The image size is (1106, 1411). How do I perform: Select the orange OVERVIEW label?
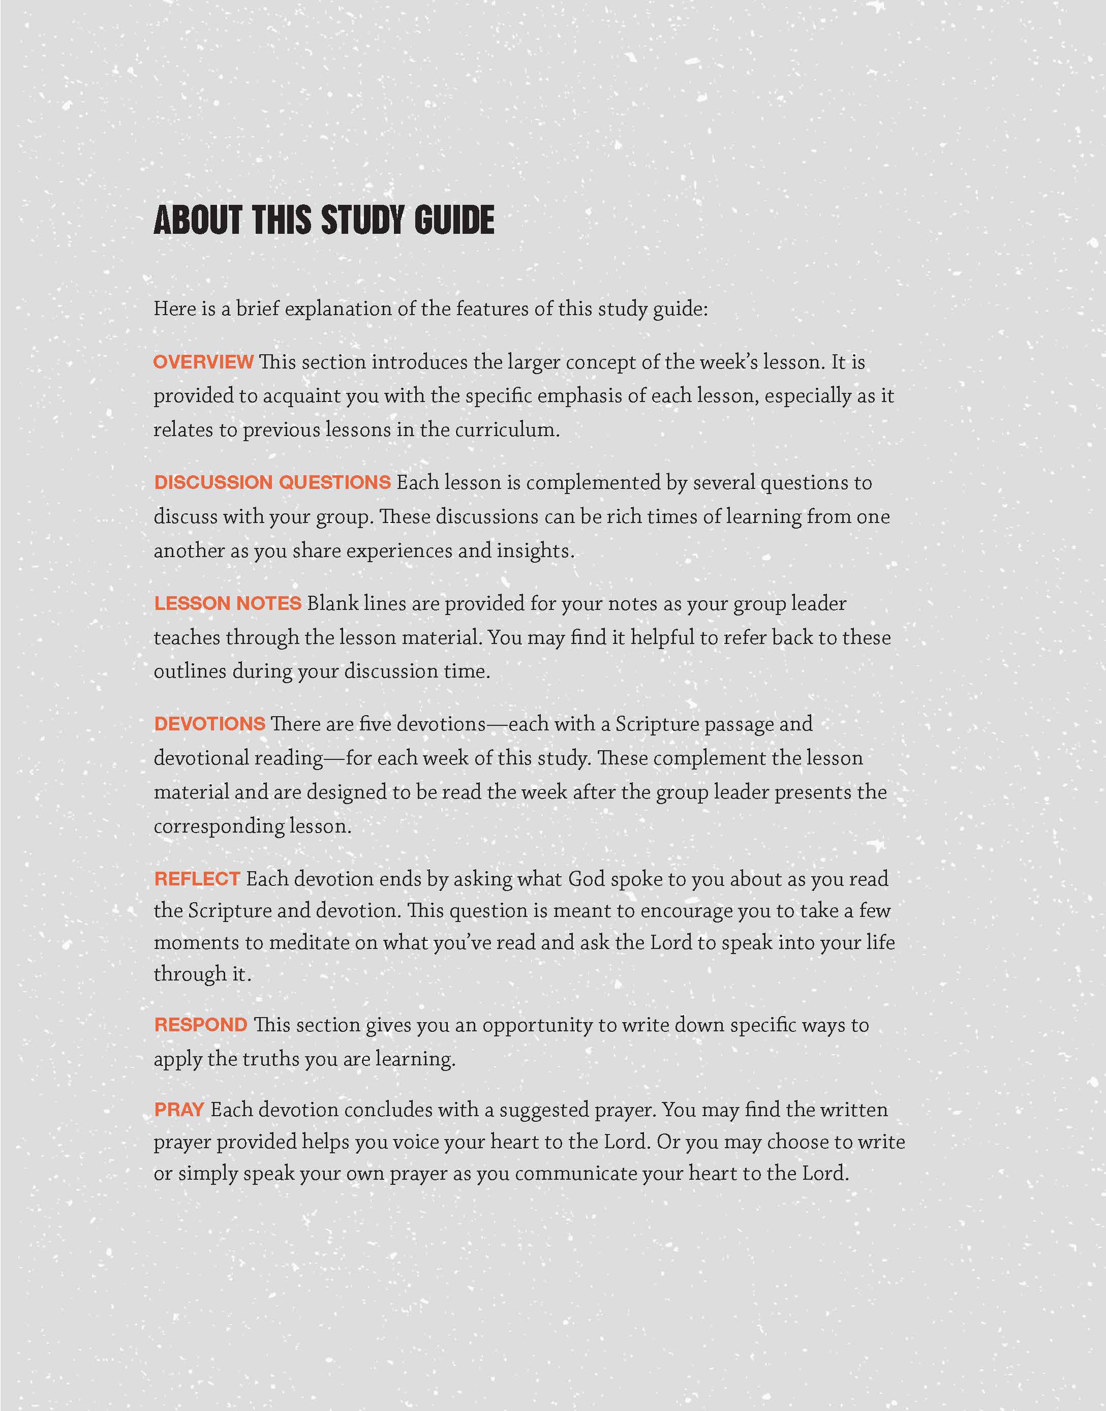[203, 362]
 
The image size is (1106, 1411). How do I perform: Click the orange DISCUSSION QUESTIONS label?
[272, 482]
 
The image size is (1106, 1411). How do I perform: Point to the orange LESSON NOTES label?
[227, 603]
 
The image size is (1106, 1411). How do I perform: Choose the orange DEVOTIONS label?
[210, 724]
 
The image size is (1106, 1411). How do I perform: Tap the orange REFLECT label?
[197, 879]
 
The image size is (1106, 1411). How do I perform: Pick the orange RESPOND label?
[201, 1025]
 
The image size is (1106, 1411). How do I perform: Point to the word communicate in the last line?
[575, 1173]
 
